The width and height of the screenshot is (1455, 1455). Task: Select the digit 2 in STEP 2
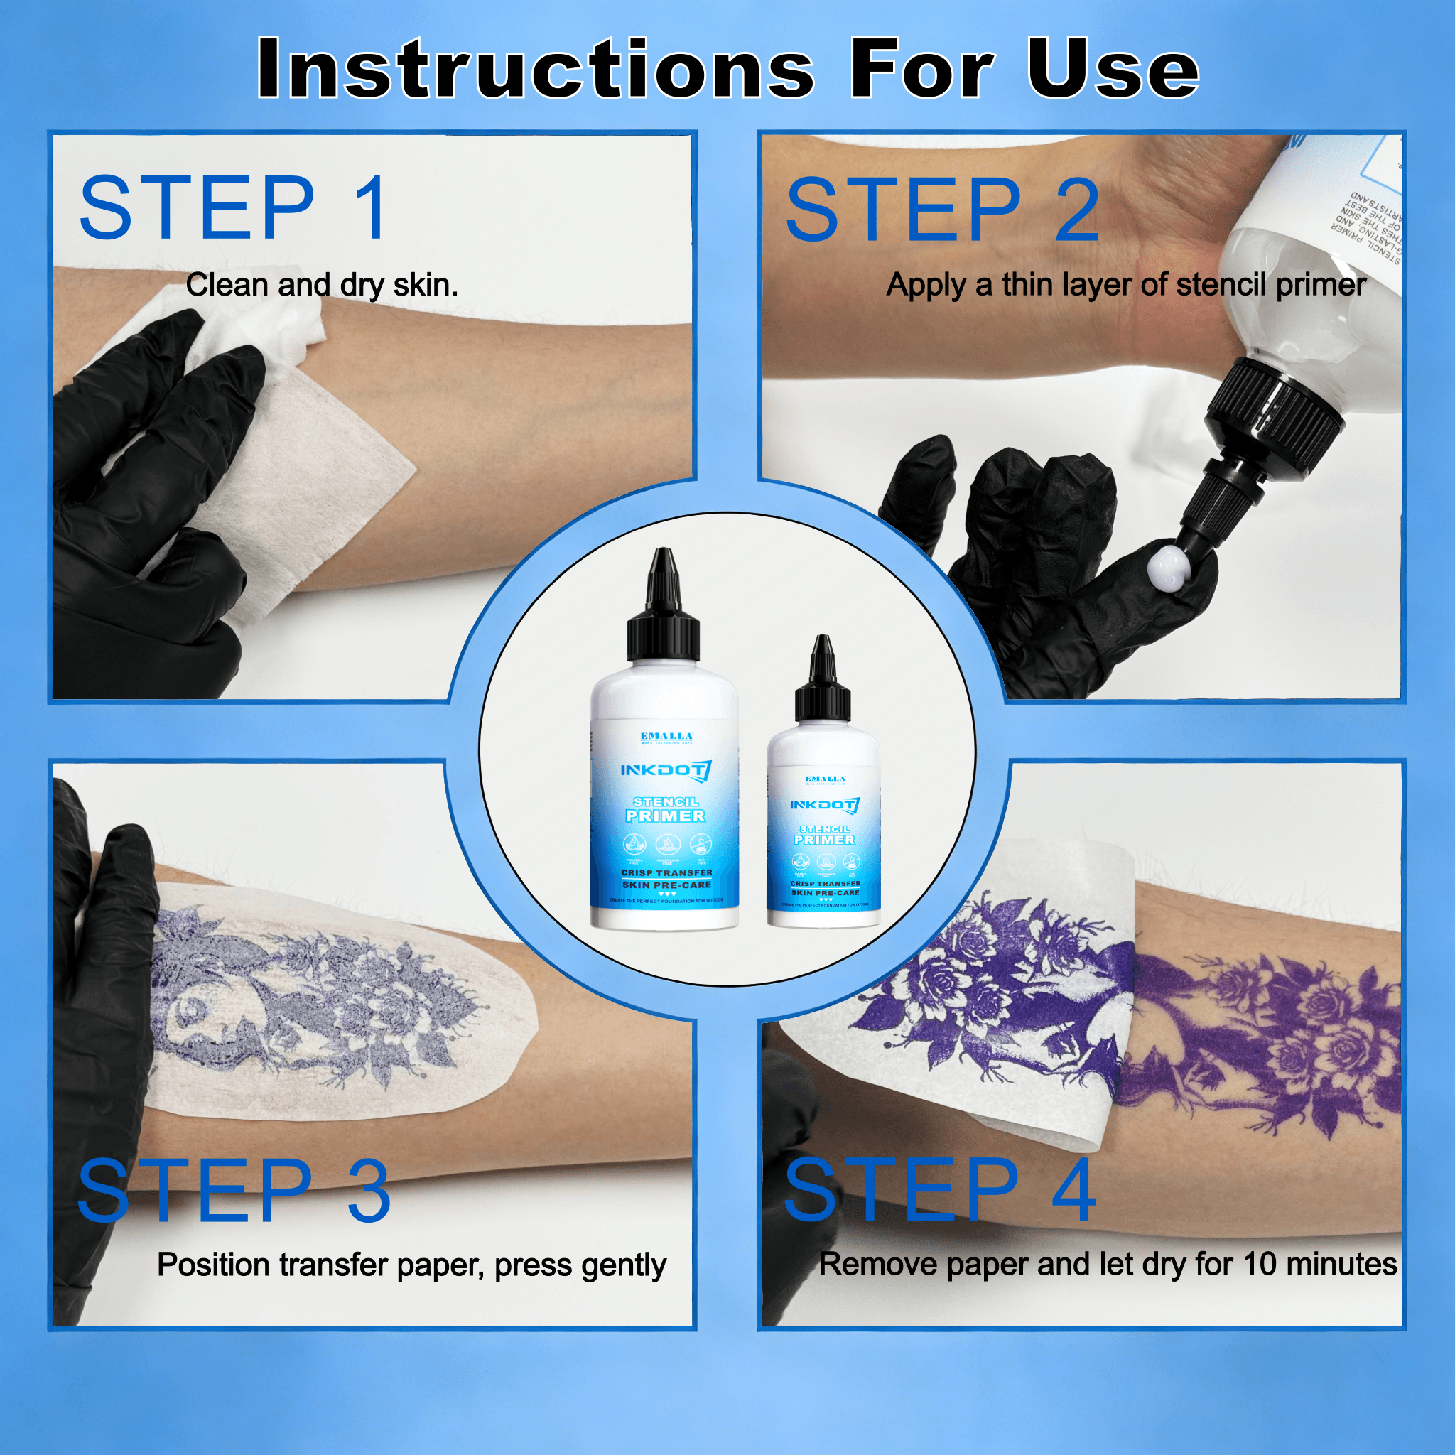(x=1076, y=211)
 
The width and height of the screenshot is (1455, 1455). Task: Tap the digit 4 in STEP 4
(x=1073, y=1190)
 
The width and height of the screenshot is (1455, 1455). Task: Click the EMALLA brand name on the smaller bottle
(x=826, y=779)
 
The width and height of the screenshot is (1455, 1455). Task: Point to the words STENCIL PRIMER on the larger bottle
(x=665, y=810)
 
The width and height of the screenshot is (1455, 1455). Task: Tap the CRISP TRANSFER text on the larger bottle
(x=666, y=873)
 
